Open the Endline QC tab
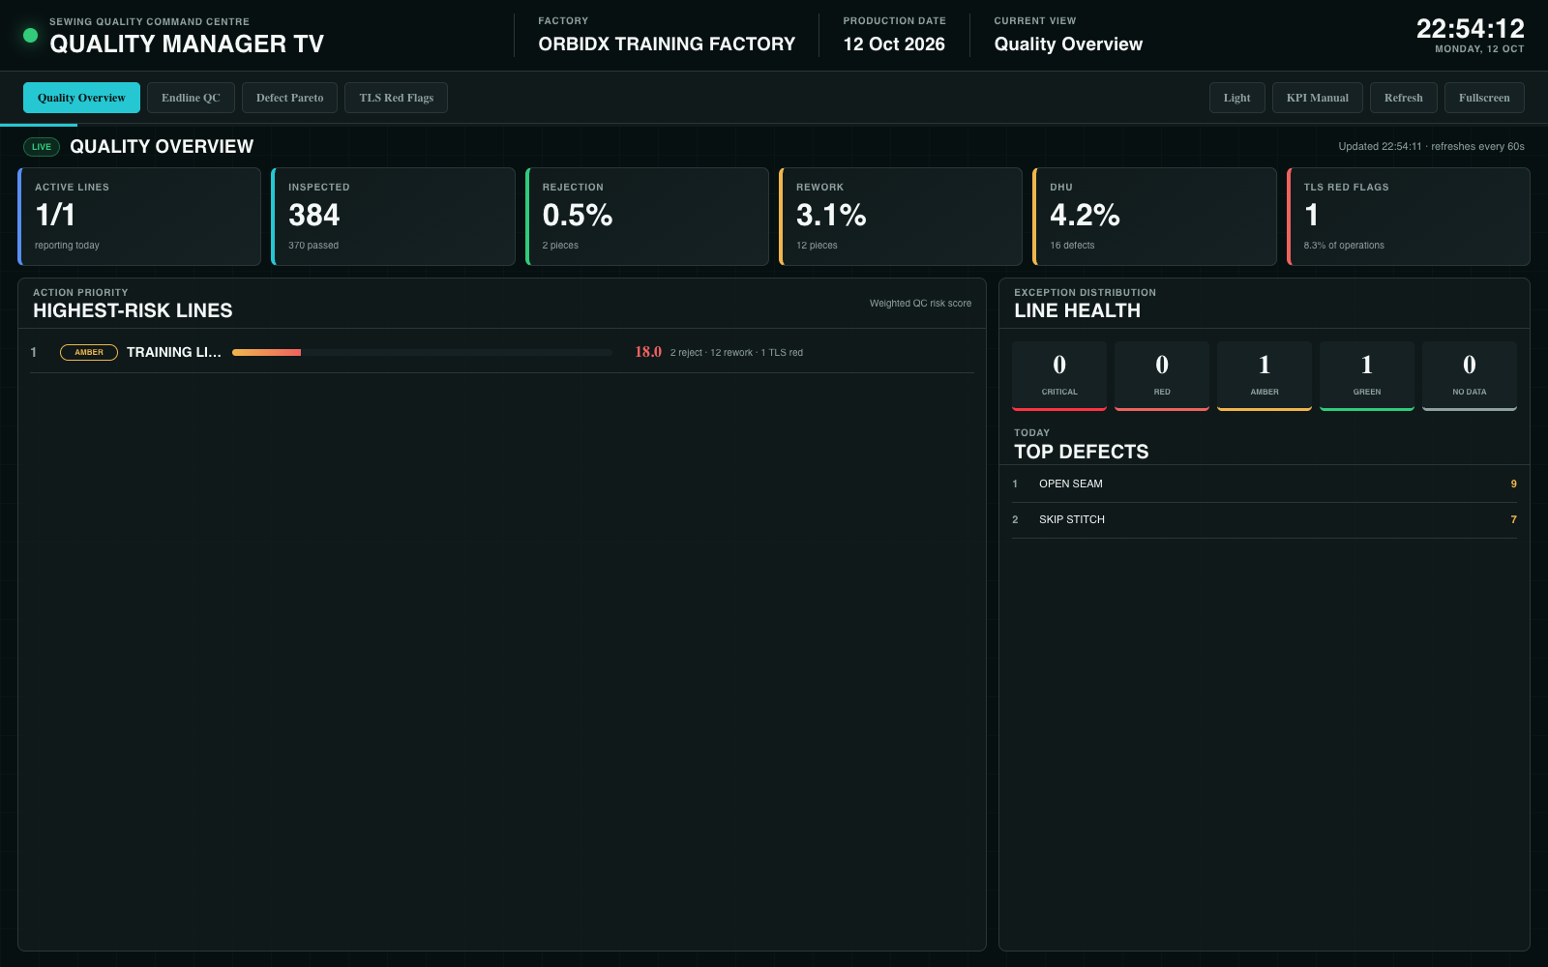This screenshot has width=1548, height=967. point(191,98)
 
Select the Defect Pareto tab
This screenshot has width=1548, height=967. point(289,98)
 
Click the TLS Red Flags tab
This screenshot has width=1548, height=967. point(396,98)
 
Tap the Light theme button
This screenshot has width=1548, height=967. point(1237,98)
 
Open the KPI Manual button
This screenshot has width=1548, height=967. point(1317,98)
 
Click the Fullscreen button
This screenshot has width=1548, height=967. point(1484,98)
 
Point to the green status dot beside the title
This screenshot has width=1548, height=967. point(30,35)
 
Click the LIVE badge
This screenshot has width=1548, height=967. point(42,146)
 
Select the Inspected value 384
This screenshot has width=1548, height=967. point(313,215)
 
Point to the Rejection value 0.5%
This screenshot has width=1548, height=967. point(577,215)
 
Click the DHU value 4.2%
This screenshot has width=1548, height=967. point(1085,215)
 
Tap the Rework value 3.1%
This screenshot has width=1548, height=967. point(831,215)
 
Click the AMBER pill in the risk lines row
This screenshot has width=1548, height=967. point(88,352)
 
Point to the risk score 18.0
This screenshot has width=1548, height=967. point(648,352)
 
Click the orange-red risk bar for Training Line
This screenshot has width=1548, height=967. point(266,352)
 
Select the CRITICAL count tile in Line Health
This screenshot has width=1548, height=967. point(1058,376)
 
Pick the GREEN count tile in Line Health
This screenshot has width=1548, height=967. point(1366,376)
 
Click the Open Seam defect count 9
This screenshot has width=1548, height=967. point(1513,484)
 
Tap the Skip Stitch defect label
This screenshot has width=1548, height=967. point(1072,519)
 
